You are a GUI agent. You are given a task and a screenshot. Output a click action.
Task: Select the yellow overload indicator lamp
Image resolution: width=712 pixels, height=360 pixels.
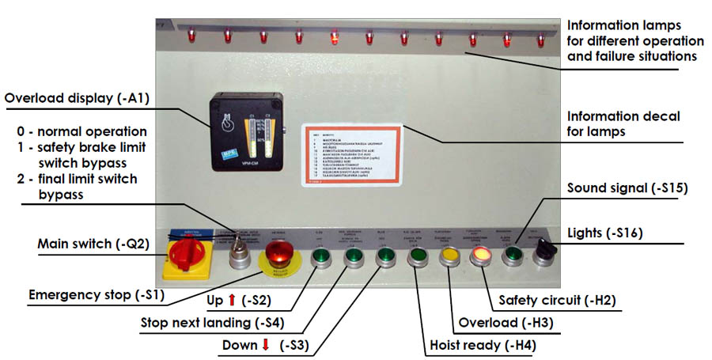(449, 256)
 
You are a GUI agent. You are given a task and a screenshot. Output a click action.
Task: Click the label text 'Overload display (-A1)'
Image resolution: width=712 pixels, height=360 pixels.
(77, 99)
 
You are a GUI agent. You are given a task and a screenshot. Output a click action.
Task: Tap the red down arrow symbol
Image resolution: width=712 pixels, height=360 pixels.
(266, 345)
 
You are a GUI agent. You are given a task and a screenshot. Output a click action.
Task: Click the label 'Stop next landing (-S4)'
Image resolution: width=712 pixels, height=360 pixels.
(211, 322)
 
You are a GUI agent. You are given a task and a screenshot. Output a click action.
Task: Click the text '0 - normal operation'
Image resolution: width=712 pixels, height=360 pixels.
(81, 131)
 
